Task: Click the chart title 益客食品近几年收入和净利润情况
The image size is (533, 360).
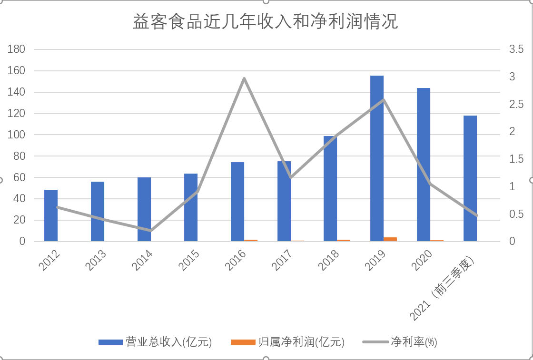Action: [266, 22]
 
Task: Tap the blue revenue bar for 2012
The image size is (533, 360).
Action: [51, 215]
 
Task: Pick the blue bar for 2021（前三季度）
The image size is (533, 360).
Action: [470, 178]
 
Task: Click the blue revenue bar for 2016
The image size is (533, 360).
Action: [237, 202]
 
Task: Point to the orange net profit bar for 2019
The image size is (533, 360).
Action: [390, 239]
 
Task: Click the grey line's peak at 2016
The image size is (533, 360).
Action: [244, 78]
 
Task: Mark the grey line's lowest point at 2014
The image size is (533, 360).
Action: [151, 231]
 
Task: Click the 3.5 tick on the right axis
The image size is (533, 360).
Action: [516, 49]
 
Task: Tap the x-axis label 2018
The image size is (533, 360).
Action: [330, 260]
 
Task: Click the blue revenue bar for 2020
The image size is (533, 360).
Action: [424, 165]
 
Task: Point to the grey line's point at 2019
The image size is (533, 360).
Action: [384, 100]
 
